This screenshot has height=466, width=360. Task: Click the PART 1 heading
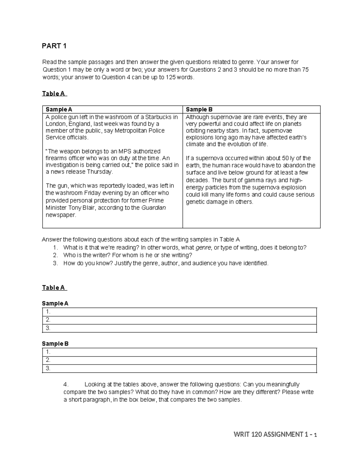[x=54, y=46]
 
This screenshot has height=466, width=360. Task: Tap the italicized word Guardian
[x=154, y=208]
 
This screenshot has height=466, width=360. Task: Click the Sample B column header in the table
[x=199, y=110]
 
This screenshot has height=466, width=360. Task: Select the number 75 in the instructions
[x=305, y=70]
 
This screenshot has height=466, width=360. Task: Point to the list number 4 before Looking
[x=66, y=384]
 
